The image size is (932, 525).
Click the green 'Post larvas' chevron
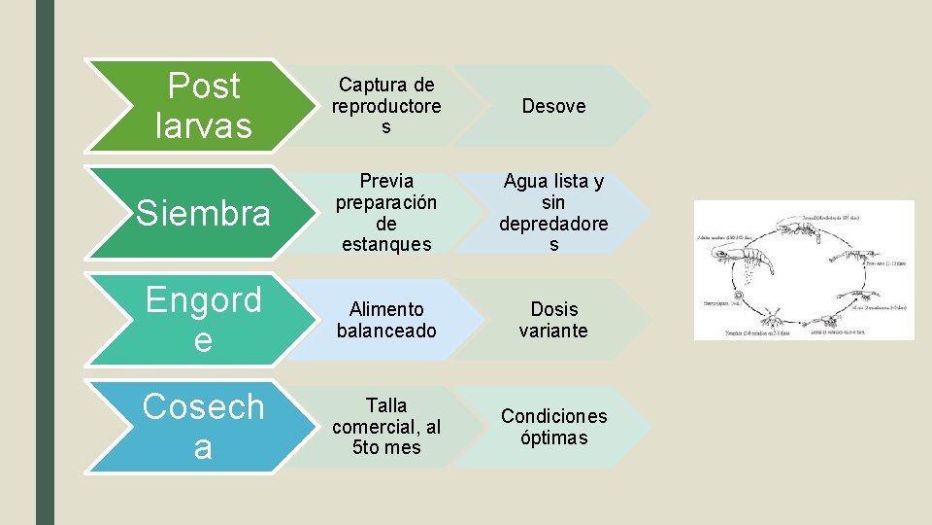(194, 106)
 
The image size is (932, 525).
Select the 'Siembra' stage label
(203, 213)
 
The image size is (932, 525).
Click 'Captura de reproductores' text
(385, 106)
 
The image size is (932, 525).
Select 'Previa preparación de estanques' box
(385, 213)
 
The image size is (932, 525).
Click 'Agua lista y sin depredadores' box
(553, 213)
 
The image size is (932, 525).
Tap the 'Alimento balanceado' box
(385, 320)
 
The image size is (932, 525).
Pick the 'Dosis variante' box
(553, 320)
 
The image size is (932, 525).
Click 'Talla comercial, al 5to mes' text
(385, 426)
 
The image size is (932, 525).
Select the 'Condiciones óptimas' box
(553, 427)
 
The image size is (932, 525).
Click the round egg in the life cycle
(740, 296)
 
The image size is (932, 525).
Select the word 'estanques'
(385, 245)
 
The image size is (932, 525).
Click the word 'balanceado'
(385, 331)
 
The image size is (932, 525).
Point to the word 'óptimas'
(553, 437)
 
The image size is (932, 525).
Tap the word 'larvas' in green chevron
(203, 125)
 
